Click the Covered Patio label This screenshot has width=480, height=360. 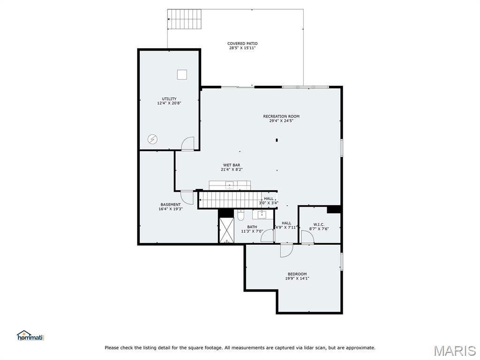coord(242,44)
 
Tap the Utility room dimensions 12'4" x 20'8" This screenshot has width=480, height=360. coord(169,103)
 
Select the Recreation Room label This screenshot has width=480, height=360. coord(281,116)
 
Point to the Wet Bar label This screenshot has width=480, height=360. coord(232,165)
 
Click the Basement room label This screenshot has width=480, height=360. coord(171,204)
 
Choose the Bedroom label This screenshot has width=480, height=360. coord(297,274)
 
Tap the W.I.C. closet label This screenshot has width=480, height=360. coord(319,225)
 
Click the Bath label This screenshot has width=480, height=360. coord(252,227)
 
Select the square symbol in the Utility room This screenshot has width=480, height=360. coord(182,75)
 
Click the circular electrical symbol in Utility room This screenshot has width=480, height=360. coord(152,140)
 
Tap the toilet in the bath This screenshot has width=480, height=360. coord(240,216)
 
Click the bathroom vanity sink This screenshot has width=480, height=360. coord(262,215)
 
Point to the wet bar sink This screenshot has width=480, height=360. coord(229,185)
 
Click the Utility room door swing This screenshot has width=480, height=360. coord(187,143)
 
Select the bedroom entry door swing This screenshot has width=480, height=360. coord(287,250)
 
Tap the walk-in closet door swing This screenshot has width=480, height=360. coord(307,237)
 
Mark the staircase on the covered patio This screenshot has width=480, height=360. coord(185,19)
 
